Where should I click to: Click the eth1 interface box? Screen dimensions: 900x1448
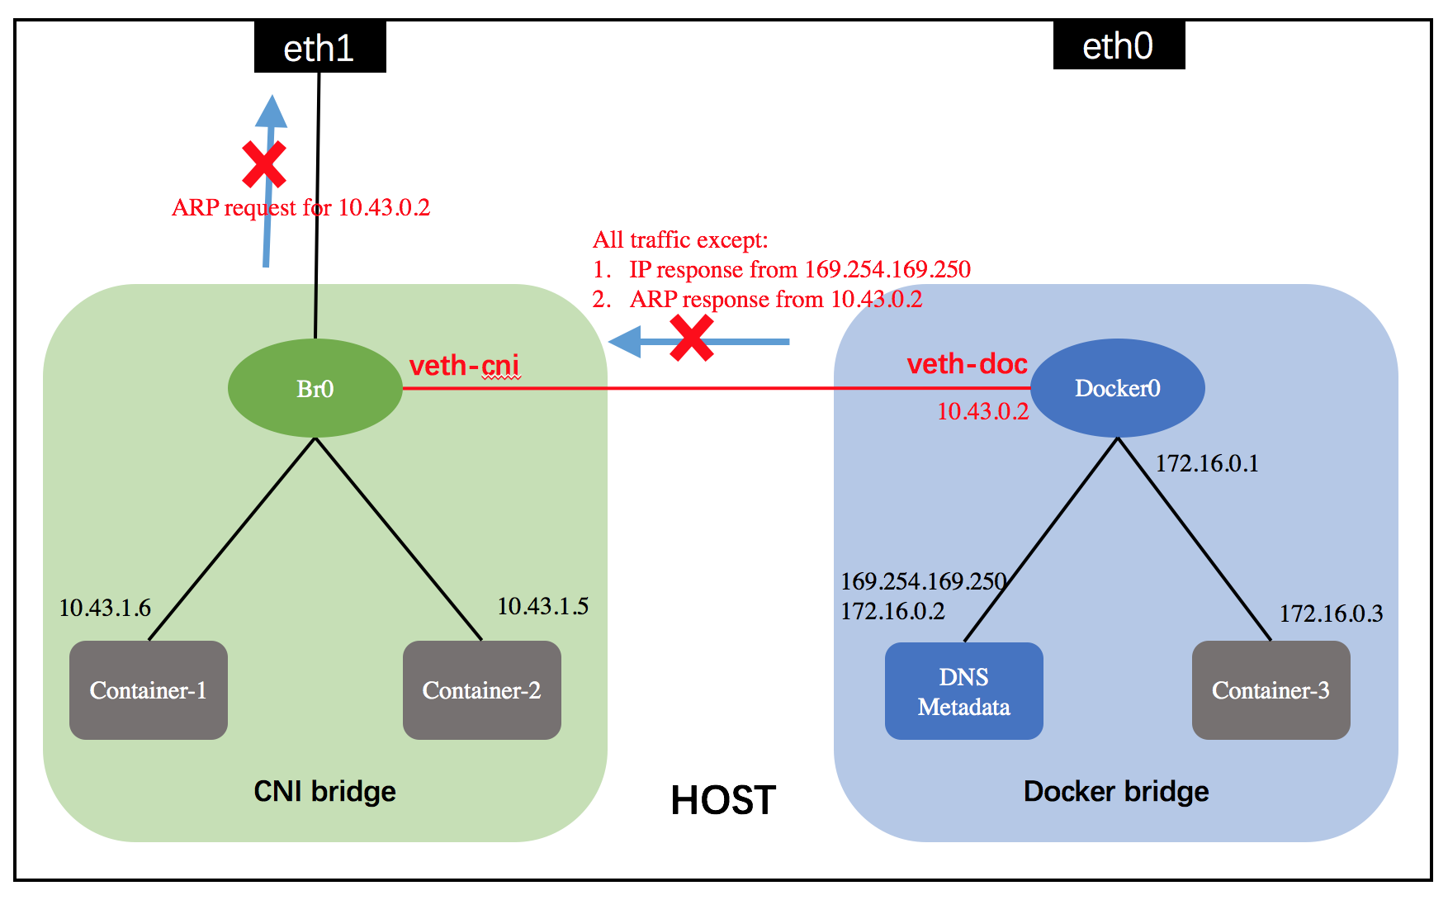point(319,48)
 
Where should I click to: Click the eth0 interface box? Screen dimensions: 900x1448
point(1119,46)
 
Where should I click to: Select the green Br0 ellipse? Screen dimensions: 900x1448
point(315,388)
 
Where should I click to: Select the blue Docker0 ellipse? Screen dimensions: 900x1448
point(1117,388)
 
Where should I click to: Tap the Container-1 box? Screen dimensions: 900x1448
point(149,690)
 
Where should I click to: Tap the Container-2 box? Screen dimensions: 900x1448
point(481,690)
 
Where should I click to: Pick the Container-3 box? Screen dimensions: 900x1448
point(1271,690)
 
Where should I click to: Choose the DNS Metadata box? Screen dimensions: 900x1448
point(963,691)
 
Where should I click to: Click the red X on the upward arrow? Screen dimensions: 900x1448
point(264,163)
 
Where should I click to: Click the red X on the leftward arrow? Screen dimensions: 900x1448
point(691,339)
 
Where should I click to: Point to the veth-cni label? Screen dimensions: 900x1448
point(464,365)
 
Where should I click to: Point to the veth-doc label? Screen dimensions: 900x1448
point(967,363)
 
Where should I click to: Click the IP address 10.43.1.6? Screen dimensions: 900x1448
point(105,608)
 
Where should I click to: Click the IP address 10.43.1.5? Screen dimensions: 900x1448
point(542,606)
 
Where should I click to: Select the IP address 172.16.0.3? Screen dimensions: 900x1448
point(1331,613)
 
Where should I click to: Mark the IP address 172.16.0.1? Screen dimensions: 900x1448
point(1206,463)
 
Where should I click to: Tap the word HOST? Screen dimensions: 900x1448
point(723,800)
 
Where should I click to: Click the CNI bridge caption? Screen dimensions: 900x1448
point(324,791)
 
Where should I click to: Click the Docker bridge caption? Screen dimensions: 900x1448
point(1116,791)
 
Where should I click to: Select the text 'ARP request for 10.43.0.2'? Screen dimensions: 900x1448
point(300,207)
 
